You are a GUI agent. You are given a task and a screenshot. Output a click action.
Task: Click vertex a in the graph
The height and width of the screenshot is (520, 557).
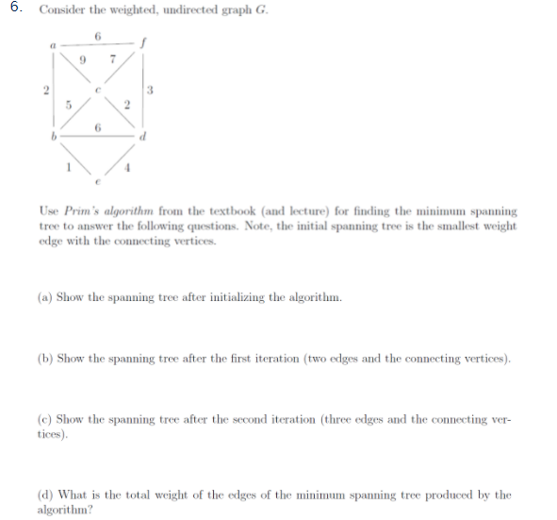point(55,42)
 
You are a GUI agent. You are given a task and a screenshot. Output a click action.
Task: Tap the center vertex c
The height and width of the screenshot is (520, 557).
point(100,89)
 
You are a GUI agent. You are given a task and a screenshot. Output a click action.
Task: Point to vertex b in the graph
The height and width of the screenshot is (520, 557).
point(55,137)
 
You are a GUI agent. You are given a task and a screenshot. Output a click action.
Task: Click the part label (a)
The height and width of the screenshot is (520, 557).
point(44,298)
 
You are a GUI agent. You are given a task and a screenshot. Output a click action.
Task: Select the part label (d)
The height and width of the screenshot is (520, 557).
point(44,495)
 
